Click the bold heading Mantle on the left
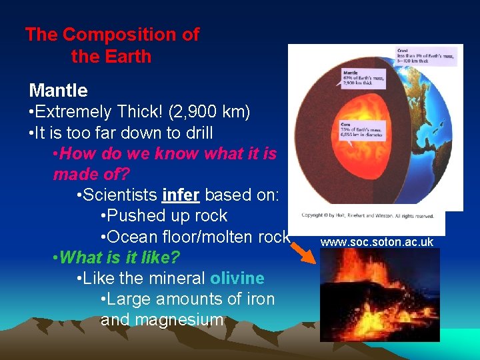tap(59, 91)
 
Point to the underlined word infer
tap(181, 195)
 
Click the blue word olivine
tap(237, 278)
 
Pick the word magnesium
tap(162, 320)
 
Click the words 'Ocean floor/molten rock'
tap(198, 237)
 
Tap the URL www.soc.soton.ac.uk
tap(377, 242)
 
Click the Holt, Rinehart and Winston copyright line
tap(372, 215)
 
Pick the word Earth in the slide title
tap(129, 57)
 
